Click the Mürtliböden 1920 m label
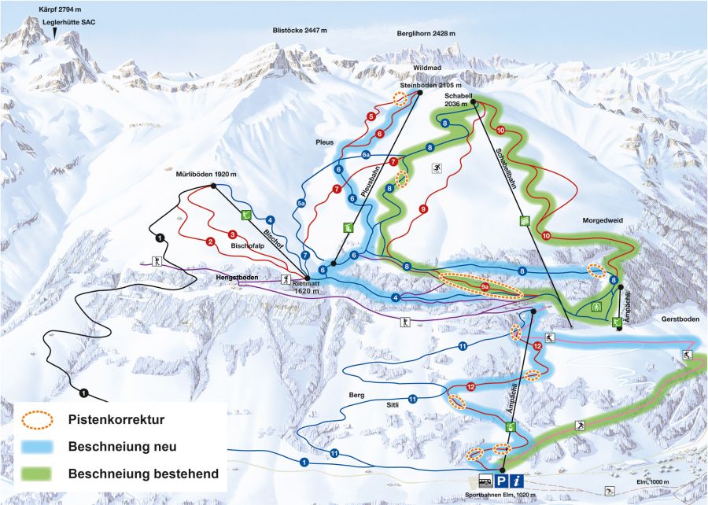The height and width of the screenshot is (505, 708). [x=207, y=174]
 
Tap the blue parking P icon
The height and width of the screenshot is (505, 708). [x=500, y=480]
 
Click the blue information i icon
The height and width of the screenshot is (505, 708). [x=517, y=480]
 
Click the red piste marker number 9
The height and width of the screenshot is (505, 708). [x=423, y=209]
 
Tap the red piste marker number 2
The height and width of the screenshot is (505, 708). [x=211, y=241]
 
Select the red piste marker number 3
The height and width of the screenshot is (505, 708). [x=233, y=234]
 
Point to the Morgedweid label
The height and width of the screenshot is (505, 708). [x=603, y=221]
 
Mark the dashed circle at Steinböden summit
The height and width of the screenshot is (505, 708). [x=400, y=98]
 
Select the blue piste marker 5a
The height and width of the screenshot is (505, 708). [x=301, y=205]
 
